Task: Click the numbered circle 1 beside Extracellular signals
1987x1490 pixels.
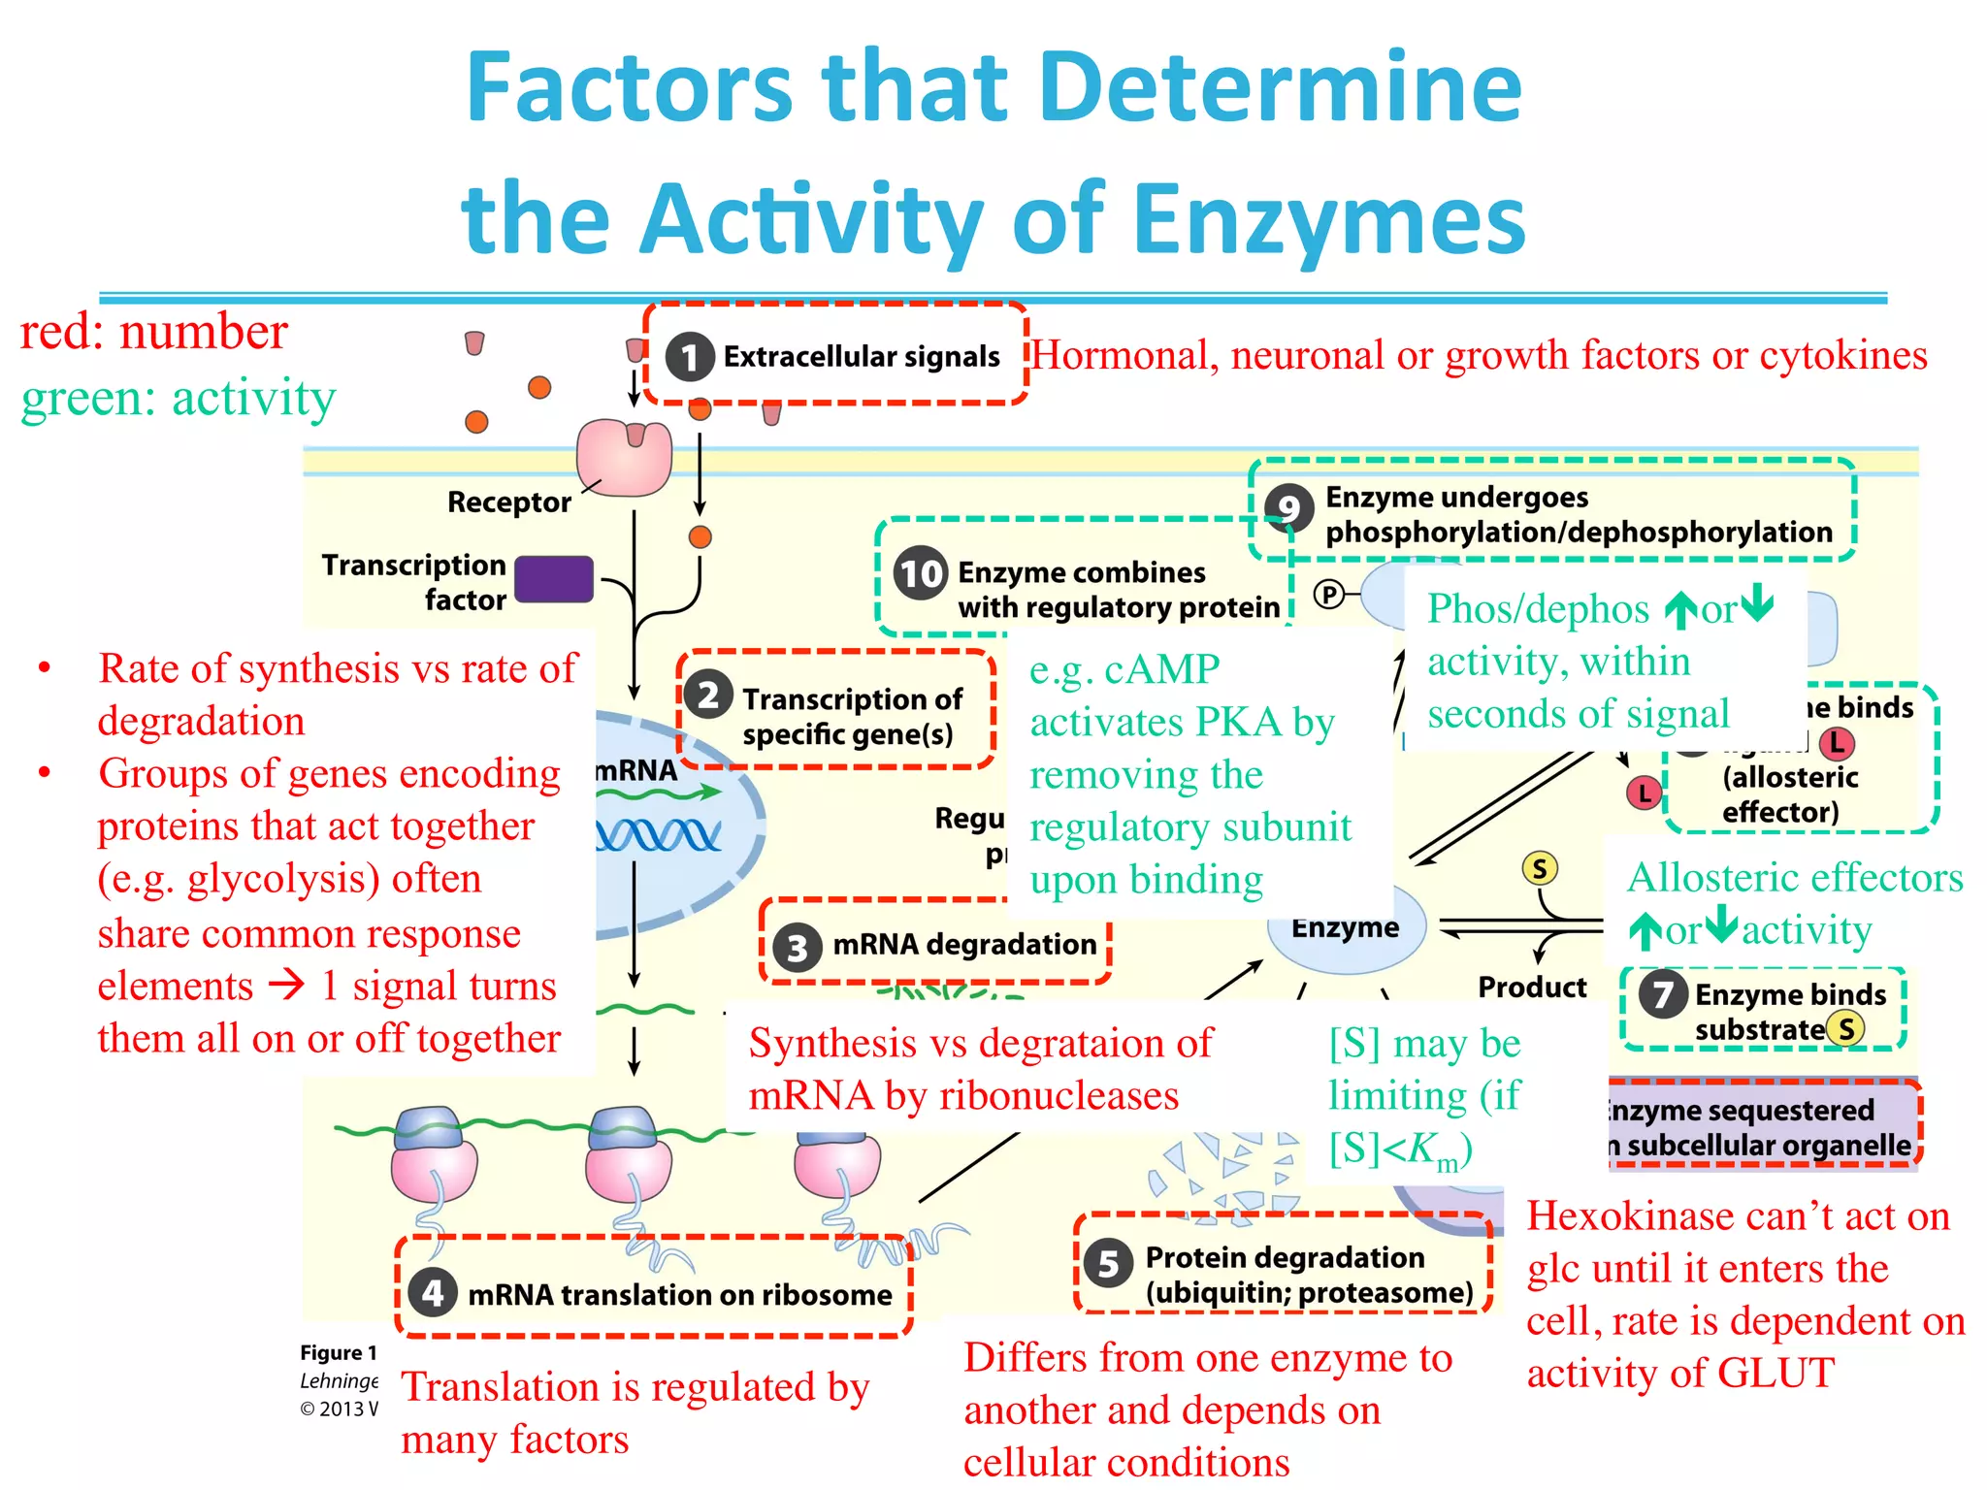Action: (x=690, y=358)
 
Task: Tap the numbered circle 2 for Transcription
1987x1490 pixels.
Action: (x=709, y=696)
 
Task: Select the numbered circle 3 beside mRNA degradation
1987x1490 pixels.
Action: (x=798, y=947)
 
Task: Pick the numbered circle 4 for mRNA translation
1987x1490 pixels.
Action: (x=433, y=1293)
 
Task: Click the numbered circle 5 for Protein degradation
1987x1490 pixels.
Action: (x=1109, y=1264)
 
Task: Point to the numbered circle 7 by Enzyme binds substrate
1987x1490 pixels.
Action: (x=1663, y=994)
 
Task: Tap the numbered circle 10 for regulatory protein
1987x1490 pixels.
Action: (x=920, y=573)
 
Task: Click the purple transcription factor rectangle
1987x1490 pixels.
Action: (x=554, y=579)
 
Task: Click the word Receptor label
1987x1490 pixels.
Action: (x=508, y=502)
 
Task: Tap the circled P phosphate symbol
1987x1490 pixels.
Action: (x=1328, y=594)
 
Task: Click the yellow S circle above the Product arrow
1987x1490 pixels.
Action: (x=1540, y=868)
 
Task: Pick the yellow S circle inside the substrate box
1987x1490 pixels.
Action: (x=1846, y=1028)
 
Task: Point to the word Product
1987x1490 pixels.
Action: (x=1532, y=988)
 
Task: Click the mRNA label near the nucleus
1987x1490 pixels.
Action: (x=636, y=770)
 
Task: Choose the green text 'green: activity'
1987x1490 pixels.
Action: (x=179, y=399)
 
